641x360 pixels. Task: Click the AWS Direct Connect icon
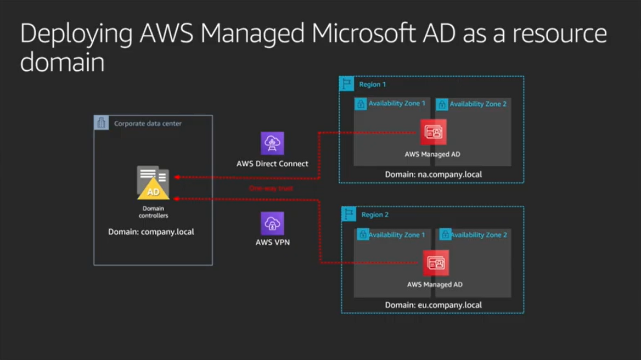[x=272, y=143]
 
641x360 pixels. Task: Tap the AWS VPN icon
[x=272, y=223]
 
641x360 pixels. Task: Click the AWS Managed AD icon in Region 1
[x=433, y=132]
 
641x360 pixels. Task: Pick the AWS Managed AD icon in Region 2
[x=436, y=263]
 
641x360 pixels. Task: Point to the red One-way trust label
[x=271, y=188]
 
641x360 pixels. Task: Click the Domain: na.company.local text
[x=433, y=175]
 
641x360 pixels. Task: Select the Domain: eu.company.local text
[x=433, y=305]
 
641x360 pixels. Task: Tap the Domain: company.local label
[x=151, y=232]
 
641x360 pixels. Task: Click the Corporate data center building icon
[x=102, y=123]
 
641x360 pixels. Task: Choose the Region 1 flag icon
[x=346, y=84]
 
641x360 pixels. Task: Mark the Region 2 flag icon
[x=348, y=214]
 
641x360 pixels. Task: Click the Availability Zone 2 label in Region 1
[x=478, y=104]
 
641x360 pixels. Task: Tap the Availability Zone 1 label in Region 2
[x=397, y=235]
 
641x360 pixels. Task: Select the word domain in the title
[x=62, y=62]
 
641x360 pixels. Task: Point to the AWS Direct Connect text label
[x=272, y=164]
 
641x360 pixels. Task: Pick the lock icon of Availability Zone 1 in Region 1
[x=361, y=104]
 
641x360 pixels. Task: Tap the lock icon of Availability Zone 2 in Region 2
[x=445, y=234]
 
